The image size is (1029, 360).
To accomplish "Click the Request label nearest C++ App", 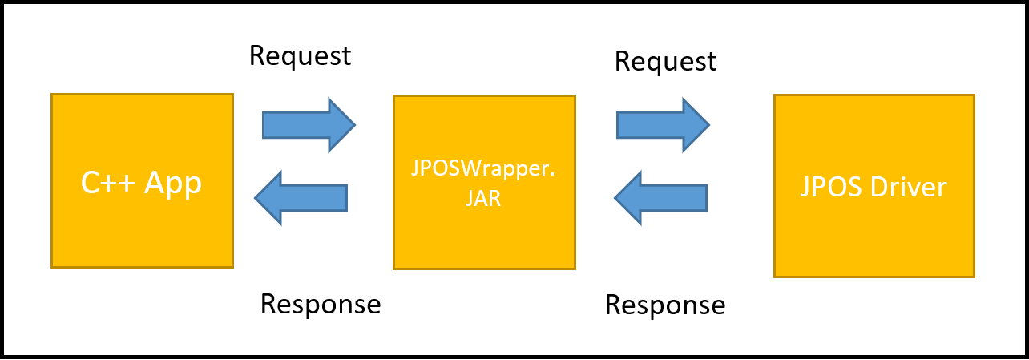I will pos(300,55).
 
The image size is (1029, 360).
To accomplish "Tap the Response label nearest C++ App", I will pos(321,304).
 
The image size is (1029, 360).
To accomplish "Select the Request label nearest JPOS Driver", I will pos(665,61).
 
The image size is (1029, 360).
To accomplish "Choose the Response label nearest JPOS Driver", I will pos(665,305).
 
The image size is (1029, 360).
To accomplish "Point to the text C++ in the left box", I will pos(108,184).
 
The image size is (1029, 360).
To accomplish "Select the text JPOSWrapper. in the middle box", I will pos(483,172).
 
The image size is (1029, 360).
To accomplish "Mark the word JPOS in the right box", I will pos(829,187).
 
